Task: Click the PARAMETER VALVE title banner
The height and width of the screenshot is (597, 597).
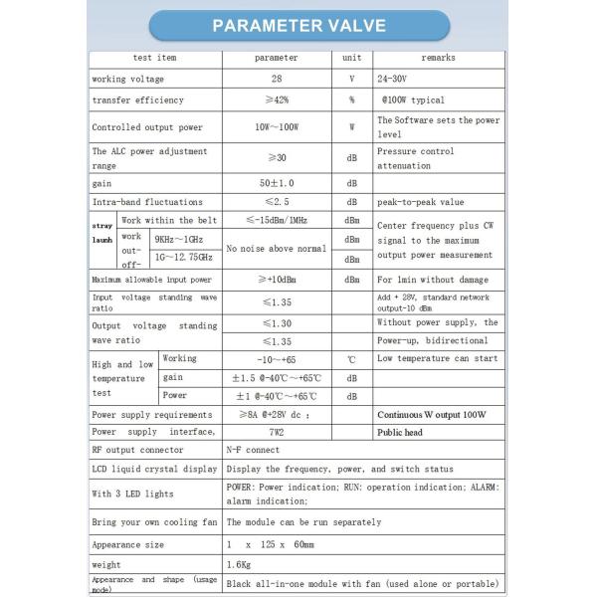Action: [298, 26]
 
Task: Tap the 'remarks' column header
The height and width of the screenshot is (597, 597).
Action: [438, 58]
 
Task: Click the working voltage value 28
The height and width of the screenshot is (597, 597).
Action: [276, 79]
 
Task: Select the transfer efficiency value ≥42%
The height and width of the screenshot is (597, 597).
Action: [276, 100]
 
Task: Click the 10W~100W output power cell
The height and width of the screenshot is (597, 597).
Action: [276, 127]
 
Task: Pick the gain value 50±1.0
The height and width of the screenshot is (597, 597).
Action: [276, 184]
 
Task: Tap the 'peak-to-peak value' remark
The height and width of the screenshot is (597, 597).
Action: [421, 202]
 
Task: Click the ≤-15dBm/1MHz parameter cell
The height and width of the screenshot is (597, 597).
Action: [276, 220]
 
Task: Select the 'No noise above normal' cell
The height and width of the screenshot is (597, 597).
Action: [276, 248]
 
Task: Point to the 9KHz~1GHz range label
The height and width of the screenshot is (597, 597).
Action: [181, 239]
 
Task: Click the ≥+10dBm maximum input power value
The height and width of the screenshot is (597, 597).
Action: [276, 280]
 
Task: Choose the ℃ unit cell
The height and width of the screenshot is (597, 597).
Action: [351, 358]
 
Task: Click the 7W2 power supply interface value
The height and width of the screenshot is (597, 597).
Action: [276, 432]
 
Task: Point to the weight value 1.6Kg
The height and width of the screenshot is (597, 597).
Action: [239, 563]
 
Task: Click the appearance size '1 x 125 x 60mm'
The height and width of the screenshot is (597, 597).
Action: [271, 544]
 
